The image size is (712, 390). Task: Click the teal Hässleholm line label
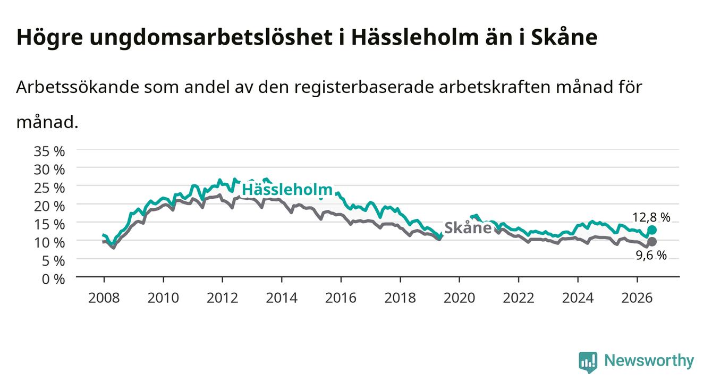pyautogui.click(x=287, y=190)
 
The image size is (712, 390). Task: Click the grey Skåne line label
pyautogui.click(x=468, y=227)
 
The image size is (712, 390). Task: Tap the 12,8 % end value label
pyautogui.click(x=651, y=217)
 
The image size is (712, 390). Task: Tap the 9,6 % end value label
pyautogui.click(x=651, y=255)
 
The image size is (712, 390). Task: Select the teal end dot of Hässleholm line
pyautogui.click(x=652, y=230)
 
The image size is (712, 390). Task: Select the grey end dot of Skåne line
pyautogui.click(x=652, y=242)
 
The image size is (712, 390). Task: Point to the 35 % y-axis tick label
pyautogui.click(x=49, y=151)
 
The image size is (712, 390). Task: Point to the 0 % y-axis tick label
pyautogui.click(x=53, y=279)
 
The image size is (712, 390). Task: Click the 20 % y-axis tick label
pyautogui.click(x=49, y=206)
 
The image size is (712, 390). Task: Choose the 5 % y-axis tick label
pyautogui.click(x=53, y=261)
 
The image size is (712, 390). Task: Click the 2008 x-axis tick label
pyautogui.click(x=104, y=298)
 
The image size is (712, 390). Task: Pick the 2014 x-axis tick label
pyautogui.click(x=282, y=298)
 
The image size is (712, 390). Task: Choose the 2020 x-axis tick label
pyautogui.click(x=459, y=298)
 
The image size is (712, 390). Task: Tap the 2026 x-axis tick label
pyautogui.click(x=637, y=298)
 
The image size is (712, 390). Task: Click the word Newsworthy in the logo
pyautogui.click(x=649, y=360)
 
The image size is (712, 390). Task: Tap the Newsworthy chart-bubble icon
pyautogui.click(x=588, y=362)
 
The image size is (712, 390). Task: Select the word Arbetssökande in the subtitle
pyautogui.click(x=78, y=87)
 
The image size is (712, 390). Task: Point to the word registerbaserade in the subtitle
pyautogui.click(x=364, y=88)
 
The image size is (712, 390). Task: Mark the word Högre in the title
pyautogui.click(x=49, y=38)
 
